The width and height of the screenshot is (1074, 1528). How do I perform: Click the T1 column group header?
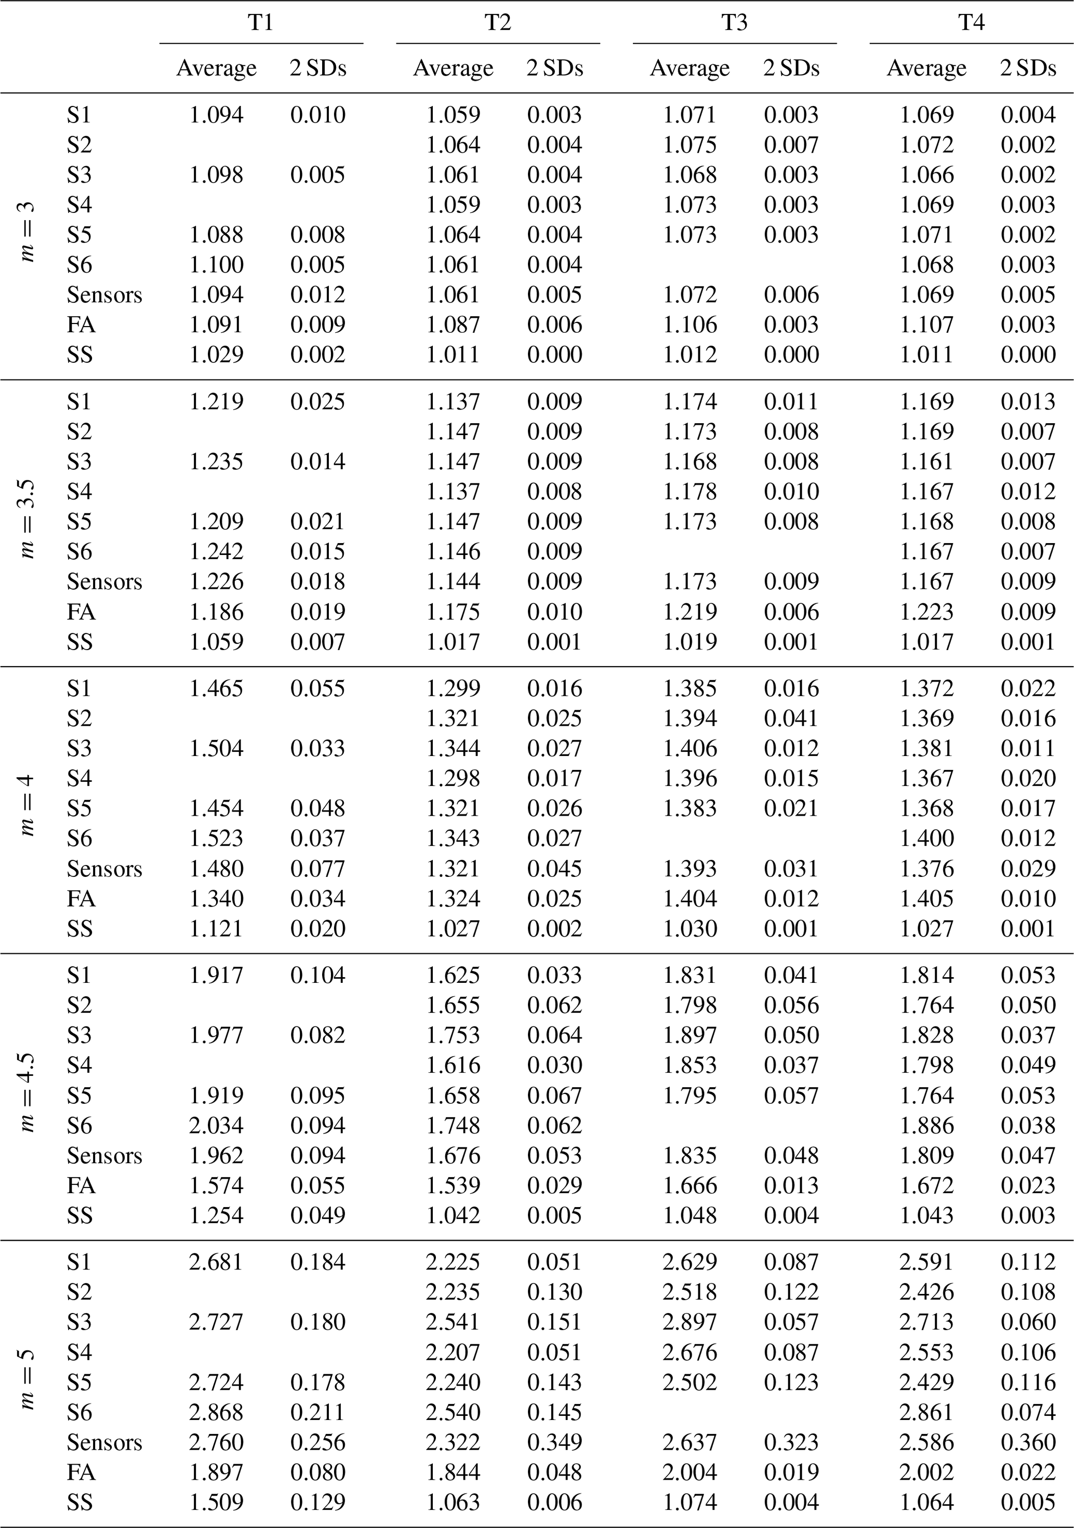[x=260, y=23]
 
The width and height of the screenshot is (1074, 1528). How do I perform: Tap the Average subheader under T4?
[x=926, y=68]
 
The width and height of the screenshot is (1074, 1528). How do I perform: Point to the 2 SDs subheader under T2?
[x=554, y=68]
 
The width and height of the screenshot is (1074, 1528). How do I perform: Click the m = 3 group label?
[x=26, y=234]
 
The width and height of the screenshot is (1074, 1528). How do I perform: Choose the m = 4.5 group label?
[x=26, y=1095]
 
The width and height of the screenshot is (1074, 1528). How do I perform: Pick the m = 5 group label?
[x=26, y=1382]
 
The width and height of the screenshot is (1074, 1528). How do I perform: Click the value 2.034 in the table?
[x=216, y=1126]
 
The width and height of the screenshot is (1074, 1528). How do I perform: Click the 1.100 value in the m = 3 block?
[x=216, y=265]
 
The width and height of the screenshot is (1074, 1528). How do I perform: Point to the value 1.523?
[x=216, y=838]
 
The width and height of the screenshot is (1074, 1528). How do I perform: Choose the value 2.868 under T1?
[x=216, y=1412]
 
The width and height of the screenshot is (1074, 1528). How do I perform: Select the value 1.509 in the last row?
[x=216, y=1502]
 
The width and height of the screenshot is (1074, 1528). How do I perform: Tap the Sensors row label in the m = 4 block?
[x=104, y=869]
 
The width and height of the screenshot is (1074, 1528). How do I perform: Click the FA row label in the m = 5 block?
[x=81, y=1471]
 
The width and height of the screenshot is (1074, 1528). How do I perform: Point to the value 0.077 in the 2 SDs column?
[x=317, y=869]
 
